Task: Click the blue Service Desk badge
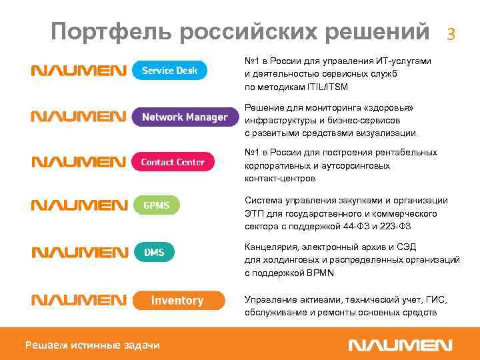tap(169, 71)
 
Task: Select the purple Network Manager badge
tap(185, 117)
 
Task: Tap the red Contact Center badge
tap(173, 162)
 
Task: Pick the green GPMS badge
tap(156, 205)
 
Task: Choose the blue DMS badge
tap(153, 252)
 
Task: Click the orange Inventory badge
tap(177, 300)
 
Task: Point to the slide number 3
tap(451, 33)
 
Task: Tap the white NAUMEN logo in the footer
tap(401, 345)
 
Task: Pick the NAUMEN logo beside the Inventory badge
tap(78, 301)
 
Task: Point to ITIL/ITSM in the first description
tap(324, 87)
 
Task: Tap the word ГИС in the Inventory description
tap(438, 300)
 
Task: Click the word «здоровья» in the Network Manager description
tap(398, 108)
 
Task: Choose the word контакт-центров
tap(281, 179)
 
